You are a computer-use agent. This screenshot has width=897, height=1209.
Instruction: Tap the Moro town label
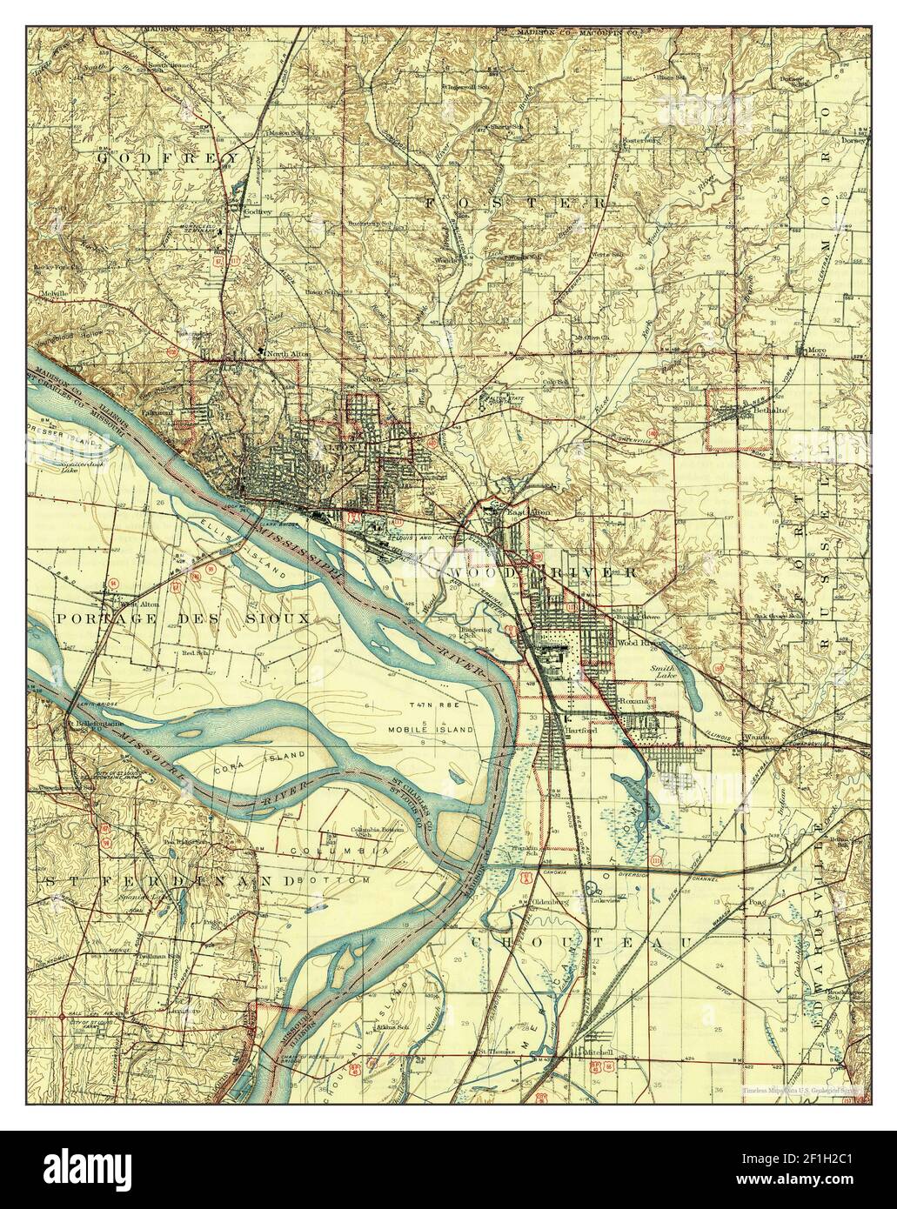[x=814, y=351]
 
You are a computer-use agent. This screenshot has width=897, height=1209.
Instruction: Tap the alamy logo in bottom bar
[x=87, y=1169]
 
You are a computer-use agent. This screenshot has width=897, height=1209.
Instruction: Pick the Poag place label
[x=755, y=902]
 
